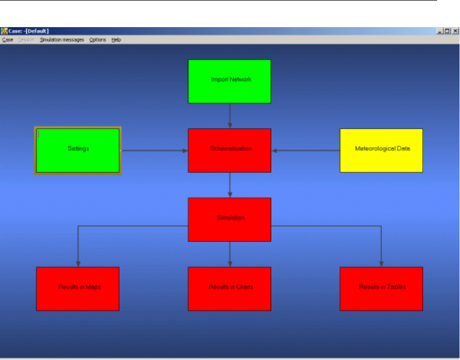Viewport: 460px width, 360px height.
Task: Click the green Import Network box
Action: coord(230,81)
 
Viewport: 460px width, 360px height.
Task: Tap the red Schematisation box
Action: coord(230,150)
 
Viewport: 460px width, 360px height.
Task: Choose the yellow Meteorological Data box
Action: coord(381,150)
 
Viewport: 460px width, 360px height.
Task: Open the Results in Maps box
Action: coord(78,288)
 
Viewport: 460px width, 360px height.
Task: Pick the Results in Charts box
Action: coord(230,288)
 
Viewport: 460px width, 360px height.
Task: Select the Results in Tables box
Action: coord(381,288)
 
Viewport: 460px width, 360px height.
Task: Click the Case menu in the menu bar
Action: coord(7,40)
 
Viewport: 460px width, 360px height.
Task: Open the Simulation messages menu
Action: coord(62,40)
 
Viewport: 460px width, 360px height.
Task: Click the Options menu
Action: coord(97,40)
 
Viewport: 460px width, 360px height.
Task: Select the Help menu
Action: coord(116,40)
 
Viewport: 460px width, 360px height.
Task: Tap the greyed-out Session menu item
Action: coord(26,40)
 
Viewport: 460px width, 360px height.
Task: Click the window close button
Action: coord(455,31)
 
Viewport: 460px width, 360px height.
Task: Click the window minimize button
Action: coord(440,31)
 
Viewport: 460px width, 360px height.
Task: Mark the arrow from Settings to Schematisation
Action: coord(154,150)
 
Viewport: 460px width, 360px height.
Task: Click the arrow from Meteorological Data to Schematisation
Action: coord(306,150)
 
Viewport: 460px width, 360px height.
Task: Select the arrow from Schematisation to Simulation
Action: coord(230,185)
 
